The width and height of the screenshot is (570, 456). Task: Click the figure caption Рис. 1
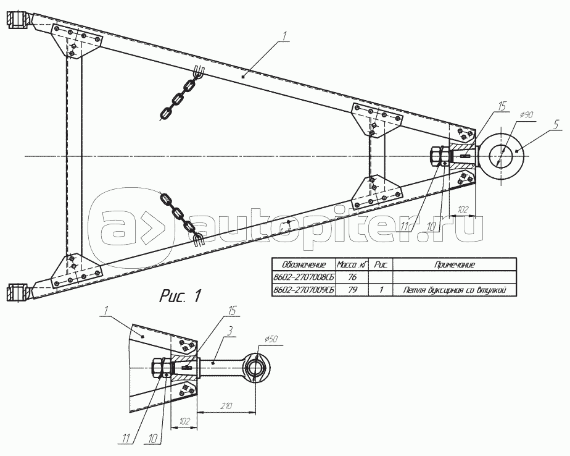[x=181, y=295]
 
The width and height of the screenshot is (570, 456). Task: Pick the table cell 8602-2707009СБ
[x=303, y=289]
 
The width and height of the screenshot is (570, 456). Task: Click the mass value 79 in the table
[x=353, y=289]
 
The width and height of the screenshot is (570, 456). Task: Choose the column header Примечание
[x=454, y=264]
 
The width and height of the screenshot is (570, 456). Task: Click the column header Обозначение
[x=303, y=264]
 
